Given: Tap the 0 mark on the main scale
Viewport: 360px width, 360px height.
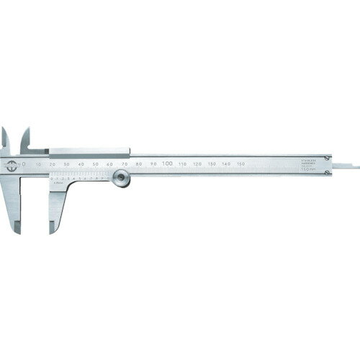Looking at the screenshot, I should coord(24,163).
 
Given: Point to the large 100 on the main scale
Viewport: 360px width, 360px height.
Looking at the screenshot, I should coord(166,164).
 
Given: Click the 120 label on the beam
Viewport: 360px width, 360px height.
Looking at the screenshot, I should coord(197,165).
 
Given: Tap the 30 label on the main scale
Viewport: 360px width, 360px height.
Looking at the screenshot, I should coord(66,165).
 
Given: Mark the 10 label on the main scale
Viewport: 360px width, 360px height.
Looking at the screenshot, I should coord(37,165).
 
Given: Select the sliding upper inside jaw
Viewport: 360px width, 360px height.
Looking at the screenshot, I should coord(26,139).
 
